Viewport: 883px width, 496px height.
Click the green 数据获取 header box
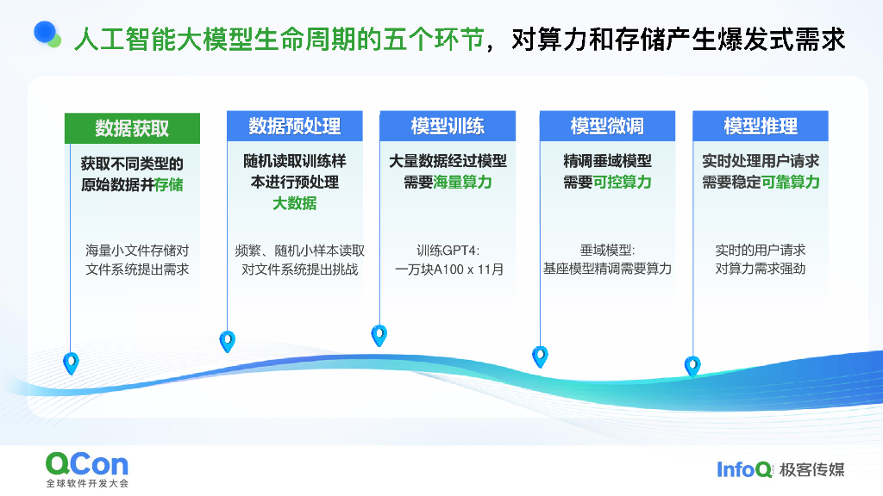pyautogui.click(x=132, y=128)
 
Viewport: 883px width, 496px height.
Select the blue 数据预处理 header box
pyautogui.click(x=294, y=126)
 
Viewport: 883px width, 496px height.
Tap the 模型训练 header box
pyautogui.click(x=448, y=126)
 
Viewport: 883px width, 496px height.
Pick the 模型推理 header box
pyautogui.click(x=760, y=126)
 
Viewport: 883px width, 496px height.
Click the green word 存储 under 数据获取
pyautogui.click(x=169, y=184)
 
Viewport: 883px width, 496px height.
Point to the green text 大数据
pyautogui.click(x=294, y=203)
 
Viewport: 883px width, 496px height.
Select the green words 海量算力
pyautogui.click(x=462, y=183)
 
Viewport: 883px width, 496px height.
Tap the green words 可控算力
pyautogui.click(x=622, y=183)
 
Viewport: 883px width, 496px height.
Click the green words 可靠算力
pyautogui.click(x=790, y=183)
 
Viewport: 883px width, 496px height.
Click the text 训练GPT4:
pyautogui.click(x=448, y=251)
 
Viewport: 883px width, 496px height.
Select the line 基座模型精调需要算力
pyautogui.click(x=607, y=270)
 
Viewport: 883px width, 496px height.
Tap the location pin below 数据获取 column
pyautogui.click(x=71, y=363)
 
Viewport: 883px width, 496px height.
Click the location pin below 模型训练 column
pyautogui.click(x=379, y=334)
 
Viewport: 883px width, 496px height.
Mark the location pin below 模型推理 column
pyautogui.click(x=692, y=365)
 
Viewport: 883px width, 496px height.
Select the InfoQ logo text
pyautogui.click(x=744, y=469)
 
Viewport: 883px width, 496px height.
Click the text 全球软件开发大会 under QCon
pyautogui.click(x=87, y=484)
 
